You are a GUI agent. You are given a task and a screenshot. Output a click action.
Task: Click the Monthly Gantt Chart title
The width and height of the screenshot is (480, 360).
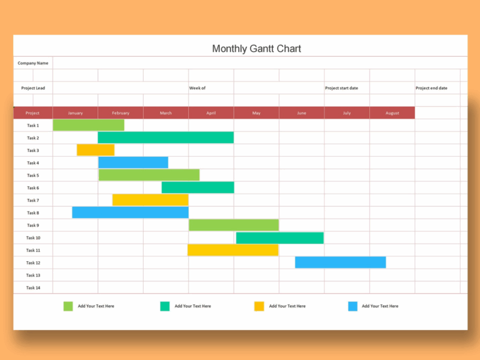point(256,49)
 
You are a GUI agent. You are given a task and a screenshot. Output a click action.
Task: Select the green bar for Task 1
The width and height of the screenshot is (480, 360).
point(88,125)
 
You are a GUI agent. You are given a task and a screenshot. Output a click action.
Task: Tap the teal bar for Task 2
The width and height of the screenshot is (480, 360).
point(166,137)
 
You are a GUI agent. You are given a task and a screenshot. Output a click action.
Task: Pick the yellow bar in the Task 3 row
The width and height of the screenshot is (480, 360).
point(96,150)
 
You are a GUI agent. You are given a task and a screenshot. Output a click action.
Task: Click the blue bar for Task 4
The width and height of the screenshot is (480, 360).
point(133,162)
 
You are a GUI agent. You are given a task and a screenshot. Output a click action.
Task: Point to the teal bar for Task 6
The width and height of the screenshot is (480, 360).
point(197,187)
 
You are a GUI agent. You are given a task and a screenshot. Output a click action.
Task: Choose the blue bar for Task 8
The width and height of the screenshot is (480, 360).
point(130,212)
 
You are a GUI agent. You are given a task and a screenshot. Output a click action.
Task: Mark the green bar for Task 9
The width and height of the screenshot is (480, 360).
point(234,225)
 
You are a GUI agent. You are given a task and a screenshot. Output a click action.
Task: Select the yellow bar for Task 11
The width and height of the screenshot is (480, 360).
point(232,250)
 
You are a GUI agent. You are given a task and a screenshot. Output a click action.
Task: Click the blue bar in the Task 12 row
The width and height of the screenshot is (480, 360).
point(340,262)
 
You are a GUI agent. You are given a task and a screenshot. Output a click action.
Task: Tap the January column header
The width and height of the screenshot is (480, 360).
point(75,113)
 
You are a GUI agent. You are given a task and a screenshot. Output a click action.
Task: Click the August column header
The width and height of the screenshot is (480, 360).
point(392,113)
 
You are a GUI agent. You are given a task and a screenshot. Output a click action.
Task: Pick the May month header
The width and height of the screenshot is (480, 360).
point(256,113)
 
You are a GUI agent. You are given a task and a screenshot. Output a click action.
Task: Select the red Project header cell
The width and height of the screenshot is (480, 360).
point(32,113)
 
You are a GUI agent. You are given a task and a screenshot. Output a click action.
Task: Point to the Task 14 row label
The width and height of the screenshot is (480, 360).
point(33,287)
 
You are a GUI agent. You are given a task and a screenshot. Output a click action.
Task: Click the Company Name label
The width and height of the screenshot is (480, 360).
point(32,63)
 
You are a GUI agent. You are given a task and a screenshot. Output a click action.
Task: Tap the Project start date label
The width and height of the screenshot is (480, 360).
point(341,88)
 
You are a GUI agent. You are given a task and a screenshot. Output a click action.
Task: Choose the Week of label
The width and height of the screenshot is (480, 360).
point(197,88)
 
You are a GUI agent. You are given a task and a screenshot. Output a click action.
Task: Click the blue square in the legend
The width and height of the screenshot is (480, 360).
point(352,306)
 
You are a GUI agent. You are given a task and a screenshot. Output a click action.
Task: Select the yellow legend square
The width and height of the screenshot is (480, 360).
point(259,306)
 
